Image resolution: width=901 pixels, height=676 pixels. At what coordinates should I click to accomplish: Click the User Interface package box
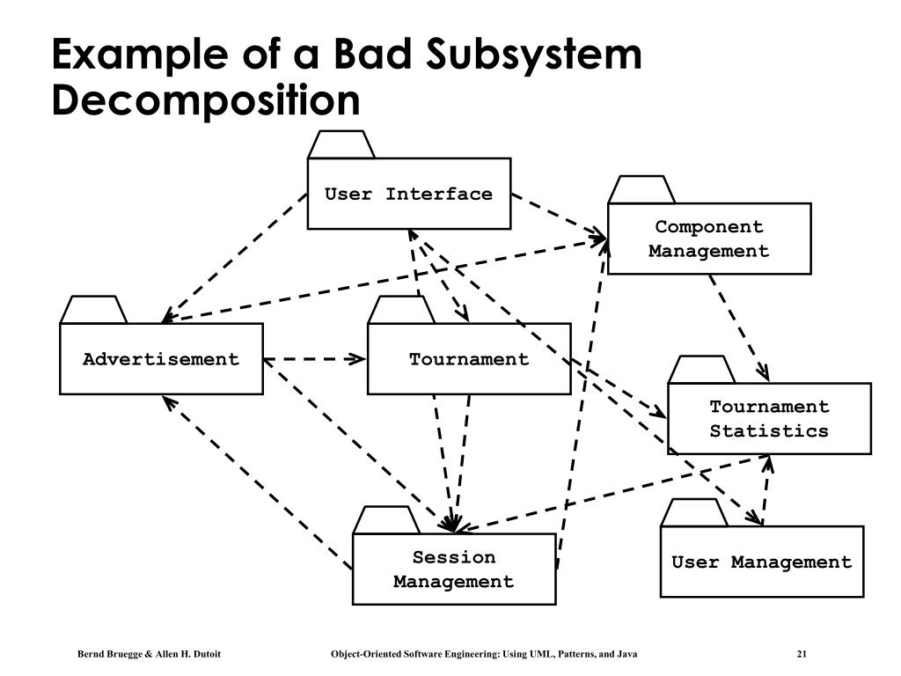[x=409, y=194]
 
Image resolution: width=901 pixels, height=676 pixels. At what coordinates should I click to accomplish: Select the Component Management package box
[x=709, y=239]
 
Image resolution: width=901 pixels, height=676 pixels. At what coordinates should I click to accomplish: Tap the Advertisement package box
[x=162, y=359]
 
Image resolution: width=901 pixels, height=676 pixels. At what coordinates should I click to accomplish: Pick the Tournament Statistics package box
[x=769, y=418]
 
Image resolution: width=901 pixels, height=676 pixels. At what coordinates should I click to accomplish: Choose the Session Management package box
[x=454, y=569]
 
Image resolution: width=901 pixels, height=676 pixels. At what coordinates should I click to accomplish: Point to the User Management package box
[x=762, y=562]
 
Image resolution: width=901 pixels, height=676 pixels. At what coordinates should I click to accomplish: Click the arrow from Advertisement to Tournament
[x=315, y=359]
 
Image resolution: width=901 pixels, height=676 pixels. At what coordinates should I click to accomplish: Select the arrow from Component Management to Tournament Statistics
[x=739, y=327]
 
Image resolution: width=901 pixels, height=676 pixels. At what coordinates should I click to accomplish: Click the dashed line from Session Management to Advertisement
[x=258, y=482]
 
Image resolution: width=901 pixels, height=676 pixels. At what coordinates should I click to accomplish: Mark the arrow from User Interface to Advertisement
[x=234, y=258]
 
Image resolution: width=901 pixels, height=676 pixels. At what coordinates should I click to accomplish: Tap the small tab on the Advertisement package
[x=93, y=309]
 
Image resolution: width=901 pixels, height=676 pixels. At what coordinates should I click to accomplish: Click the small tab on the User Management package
[x=694, y=512]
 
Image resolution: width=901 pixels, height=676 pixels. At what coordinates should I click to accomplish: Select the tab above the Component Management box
[x=641, y=189]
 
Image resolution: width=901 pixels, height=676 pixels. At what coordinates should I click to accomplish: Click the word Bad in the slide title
[x=373, y=54]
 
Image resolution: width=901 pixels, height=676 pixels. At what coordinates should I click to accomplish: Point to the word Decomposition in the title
[x=206, y=101]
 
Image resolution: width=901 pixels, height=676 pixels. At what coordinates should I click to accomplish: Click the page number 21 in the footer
[x=802, y=654]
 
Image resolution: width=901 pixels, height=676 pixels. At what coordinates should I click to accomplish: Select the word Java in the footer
[x=626, y=654]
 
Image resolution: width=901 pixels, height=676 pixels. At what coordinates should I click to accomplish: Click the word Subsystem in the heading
[x=534, y=55]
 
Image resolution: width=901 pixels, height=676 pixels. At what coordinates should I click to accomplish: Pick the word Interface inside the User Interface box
[x=439, y=194]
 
